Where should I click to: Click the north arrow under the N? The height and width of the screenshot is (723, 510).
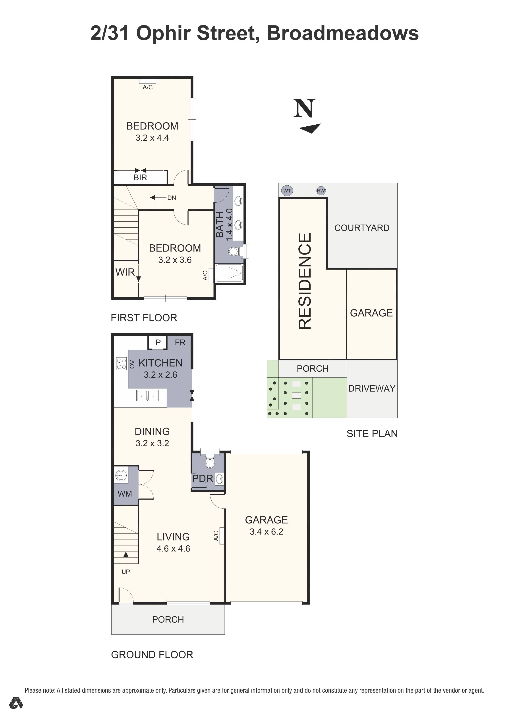[310, 128]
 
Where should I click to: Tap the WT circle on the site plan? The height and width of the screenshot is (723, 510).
[287, 190]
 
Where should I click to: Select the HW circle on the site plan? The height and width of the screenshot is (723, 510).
[321, 190]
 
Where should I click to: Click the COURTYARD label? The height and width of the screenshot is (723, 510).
[362, 228]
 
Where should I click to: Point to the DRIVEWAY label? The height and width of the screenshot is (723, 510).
[371, 388]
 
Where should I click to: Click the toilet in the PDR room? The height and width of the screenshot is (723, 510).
[209, 462]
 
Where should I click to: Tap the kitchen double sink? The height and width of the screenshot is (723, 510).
[147, 395]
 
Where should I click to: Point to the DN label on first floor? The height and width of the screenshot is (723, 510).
[172, 198]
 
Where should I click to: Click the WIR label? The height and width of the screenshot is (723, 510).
[125, 272]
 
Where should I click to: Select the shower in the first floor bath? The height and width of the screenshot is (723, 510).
[229, 273]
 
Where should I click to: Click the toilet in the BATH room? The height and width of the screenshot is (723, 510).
[234, 251]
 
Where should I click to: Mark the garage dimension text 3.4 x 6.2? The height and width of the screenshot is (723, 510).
[266, 532]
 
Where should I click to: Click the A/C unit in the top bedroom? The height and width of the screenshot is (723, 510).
[148, 82]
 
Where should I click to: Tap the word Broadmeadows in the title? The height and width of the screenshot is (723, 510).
[342, 33]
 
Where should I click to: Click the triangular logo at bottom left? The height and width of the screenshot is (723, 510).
[16, 712]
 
